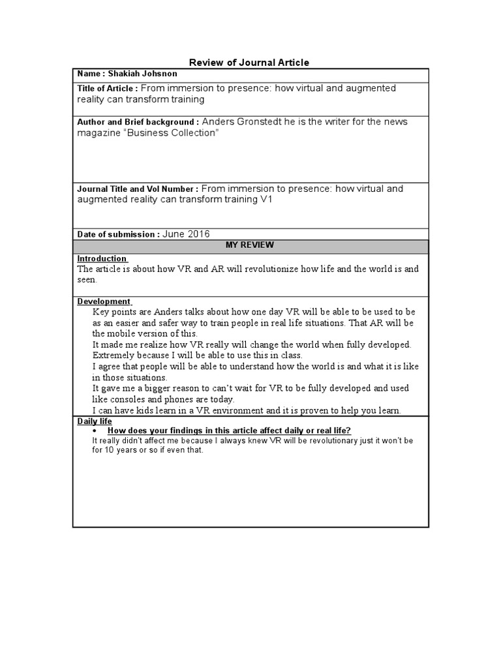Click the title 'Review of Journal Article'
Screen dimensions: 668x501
click(x=249, y=63)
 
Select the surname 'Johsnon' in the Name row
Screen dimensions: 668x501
click(x=160, y=74)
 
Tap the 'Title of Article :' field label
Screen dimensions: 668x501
click(x=108, y=88)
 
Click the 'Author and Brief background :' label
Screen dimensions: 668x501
click(x=138, y=122)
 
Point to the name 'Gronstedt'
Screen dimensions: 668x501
click(x=260, y=121)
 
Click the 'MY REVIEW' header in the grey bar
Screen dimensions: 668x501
click(x=250, y=245)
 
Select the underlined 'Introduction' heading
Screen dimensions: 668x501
click(x=102, y=259)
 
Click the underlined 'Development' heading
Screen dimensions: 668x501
click(x=104, y=301)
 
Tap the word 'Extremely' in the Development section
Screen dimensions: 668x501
click(x=115, y=356)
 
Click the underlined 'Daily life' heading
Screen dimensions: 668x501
click(x=95, y=421)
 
